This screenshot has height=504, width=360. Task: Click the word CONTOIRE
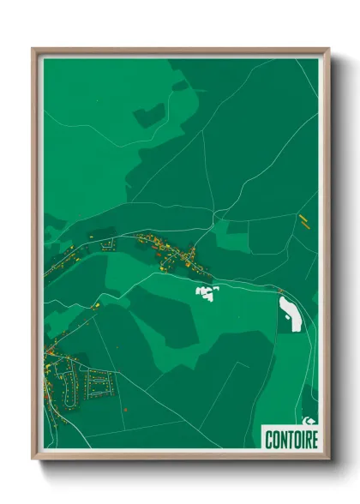(x=291, y=440)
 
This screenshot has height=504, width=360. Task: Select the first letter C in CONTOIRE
(x=267, y=440)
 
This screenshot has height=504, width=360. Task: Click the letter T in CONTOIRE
(x=288, y=440)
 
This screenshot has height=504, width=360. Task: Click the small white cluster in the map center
(x=207, y=293)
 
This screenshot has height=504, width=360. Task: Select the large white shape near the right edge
(x=290, y=314)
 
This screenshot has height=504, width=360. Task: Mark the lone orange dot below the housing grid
(x=125, y=410)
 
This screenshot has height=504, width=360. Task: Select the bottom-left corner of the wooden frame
(x=33, y=458)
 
